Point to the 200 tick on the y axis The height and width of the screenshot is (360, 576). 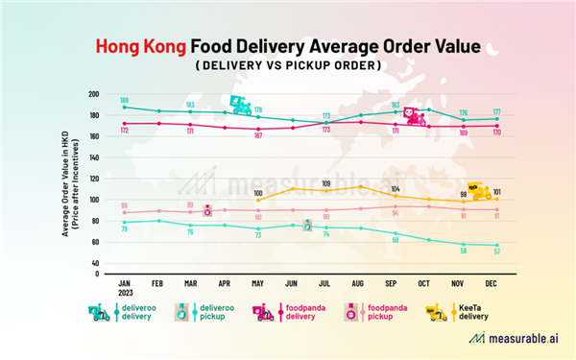tap(94, 94)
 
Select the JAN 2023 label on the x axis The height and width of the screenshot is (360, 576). tap(125, 289)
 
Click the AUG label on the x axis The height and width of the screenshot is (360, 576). tap(359, 285)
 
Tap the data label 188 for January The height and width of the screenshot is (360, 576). tap(124, 100)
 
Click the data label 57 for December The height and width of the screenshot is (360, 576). tap(495, 252)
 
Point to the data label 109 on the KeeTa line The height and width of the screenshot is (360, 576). tap(325, 182)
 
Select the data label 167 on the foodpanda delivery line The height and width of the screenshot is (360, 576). tap(258, 135)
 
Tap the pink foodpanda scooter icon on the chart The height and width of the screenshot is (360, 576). tap(415, 117)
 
